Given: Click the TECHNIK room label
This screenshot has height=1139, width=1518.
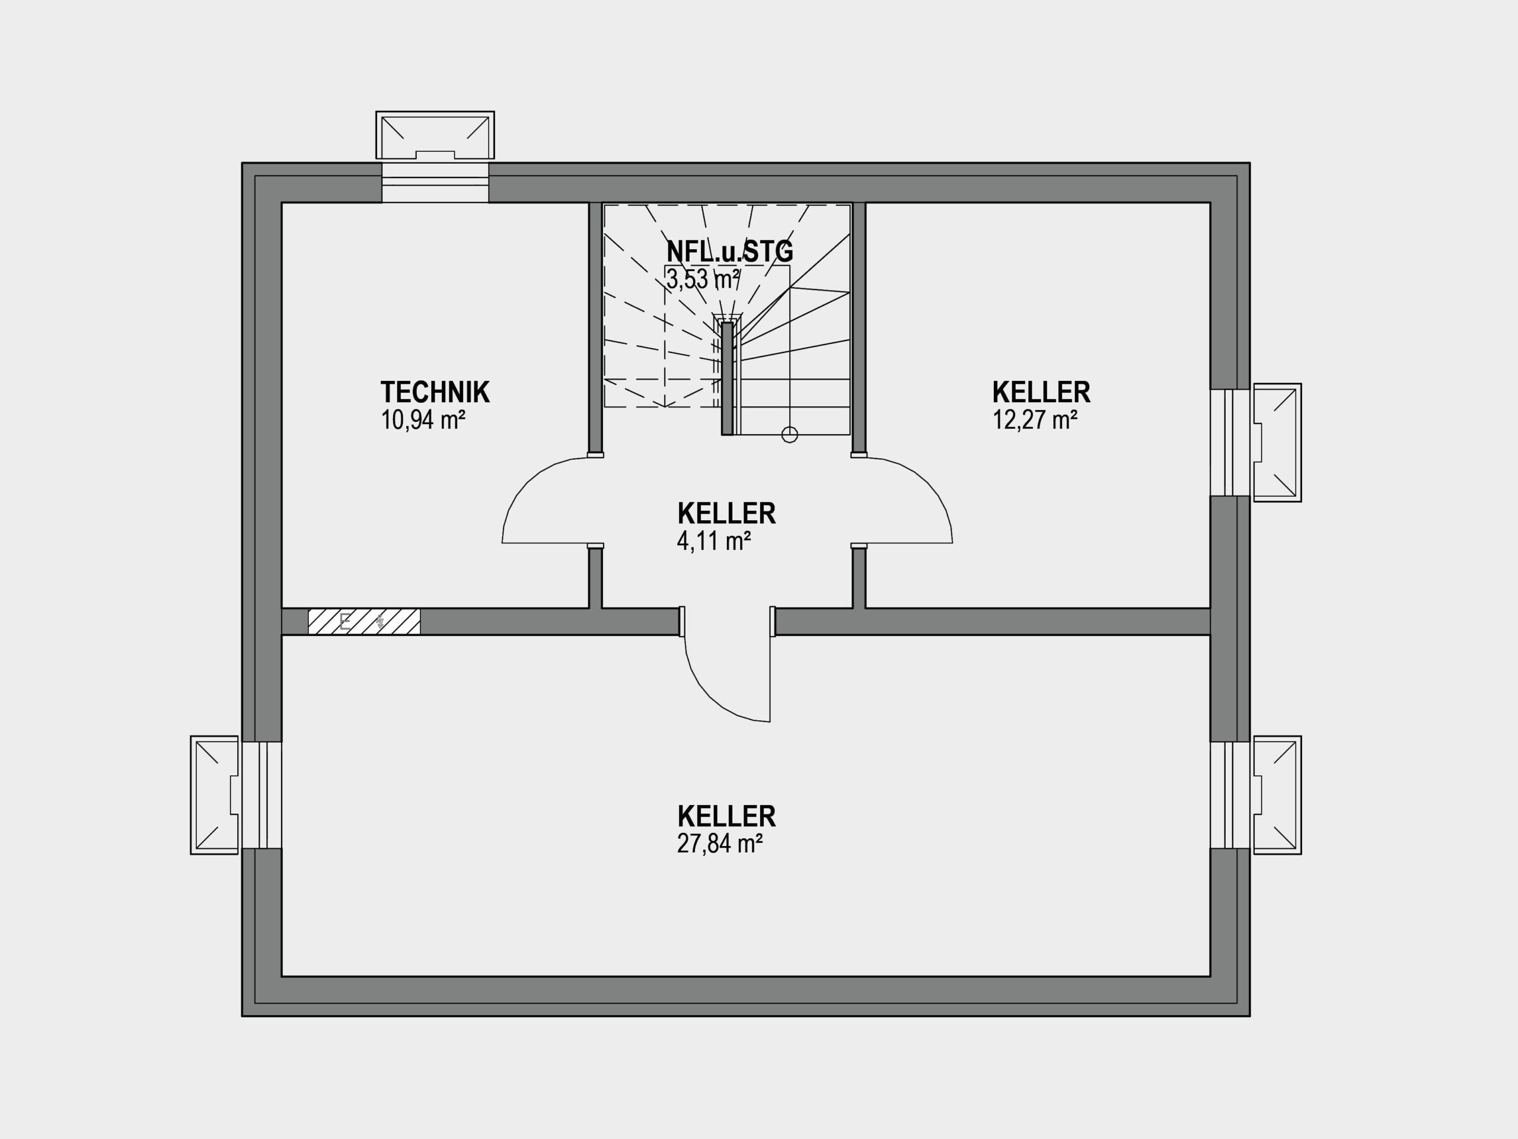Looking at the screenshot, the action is [x=435, y=392].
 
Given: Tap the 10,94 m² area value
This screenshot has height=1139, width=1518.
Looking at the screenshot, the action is [x=423, y=419].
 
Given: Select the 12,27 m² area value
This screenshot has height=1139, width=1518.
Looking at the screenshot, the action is [x=1034, y=419].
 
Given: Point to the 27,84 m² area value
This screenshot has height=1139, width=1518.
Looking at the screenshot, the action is [x=720, y=843].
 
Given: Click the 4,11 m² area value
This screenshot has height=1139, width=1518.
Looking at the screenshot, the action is [x=714, y=541].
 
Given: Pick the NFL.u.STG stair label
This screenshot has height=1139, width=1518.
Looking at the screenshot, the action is [x=729, y=252].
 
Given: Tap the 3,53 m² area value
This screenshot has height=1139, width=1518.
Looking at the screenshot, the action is [x=703, y=279].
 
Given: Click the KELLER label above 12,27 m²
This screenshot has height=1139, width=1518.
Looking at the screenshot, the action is [x=1041, y=392].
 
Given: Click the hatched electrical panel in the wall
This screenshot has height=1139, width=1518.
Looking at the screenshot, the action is [x=363, y=621].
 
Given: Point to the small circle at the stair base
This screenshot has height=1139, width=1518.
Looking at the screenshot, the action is [x=790, y=435].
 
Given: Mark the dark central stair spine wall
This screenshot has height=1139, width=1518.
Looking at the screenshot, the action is [x=727, y=378].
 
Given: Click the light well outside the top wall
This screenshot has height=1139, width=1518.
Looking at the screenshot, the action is [x=435, y=135].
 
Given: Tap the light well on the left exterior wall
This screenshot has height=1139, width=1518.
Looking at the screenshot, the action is [x=214, y=795].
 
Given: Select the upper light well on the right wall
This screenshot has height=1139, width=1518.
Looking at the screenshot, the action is [x=1277, y=443].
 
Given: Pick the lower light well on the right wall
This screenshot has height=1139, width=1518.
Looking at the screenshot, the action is [x=1277, y=795].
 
